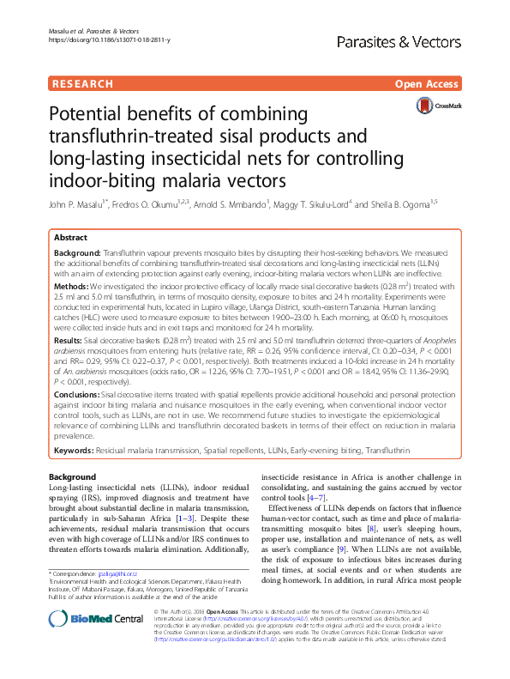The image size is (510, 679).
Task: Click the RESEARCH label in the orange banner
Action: point(83,84)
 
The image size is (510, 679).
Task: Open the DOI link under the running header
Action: point(105,39)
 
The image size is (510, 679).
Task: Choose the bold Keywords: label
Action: point(75,450)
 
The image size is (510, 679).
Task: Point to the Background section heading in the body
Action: point(73,476)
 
